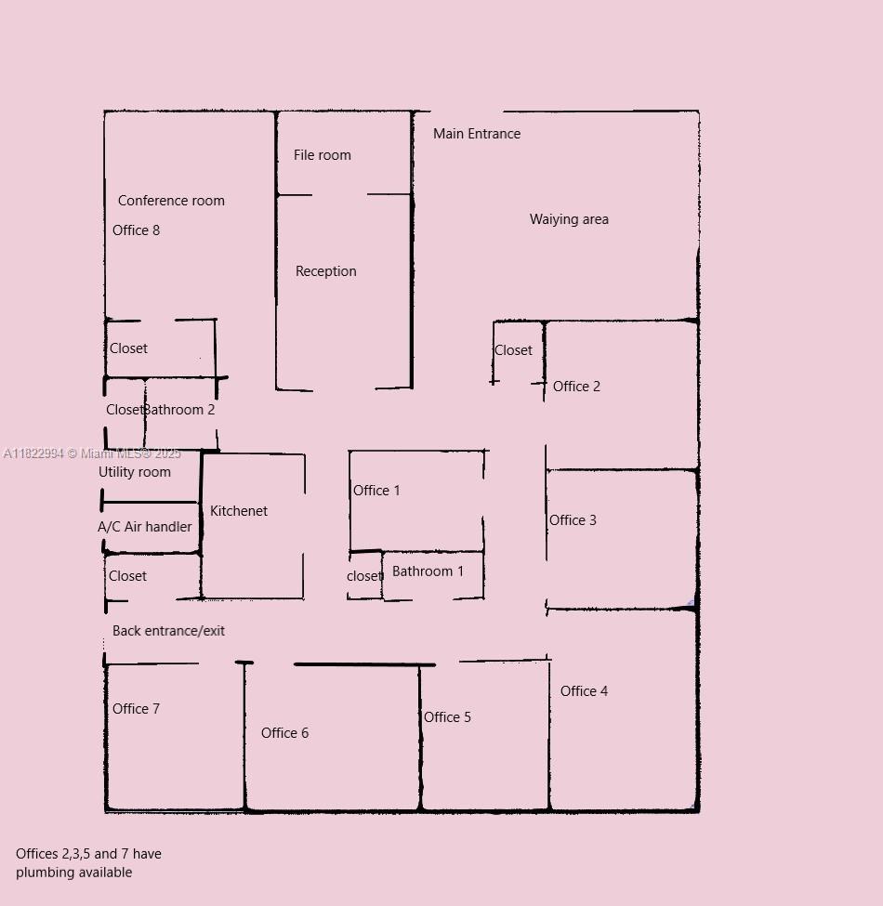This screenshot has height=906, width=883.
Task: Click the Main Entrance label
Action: pos(477,134)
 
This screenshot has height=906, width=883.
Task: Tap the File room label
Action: pos(322,155)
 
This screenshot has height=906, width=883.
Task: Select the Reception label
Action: pos(326,271)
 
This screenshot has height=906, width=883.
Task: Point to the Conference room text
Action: pos(171,201)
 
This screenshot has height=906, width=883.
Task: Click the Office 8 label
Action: pos(136,230)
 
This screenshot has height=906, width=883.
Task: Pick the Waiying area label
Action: pos(569,219)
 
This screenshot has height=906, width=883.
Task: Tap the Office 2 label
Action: pos(576,386)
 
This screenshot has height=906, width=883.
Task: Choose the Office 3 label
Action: pos(573,520)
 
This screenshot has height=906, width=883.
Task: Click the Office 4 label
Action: pos(584,691)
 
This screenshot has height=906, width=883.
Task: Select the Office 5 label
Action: pos(447,717)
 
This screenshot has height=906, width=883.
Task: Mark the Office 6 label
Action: pos(285,732)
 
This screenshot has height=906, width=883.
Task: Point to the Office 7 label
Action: pos(136,708)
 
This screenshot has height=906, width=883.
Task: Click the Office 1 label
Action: pos(376,490)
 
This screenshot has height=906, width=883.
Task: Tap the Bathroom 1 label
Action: pos(428,571)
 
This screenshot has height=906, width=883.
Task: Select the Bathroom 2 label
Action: pos(179,410)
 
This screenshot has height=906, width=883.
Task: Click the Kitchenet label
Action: pos(239,511)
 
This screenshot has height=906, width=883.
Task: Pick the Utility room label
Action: pos(135,472)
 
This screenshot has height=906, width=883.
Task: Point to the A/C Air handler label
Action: pos(144,526)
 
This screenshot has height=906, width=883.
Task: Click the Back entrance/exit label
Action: pos(168,630)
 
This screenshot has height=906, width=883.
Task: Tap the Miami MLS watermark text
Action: pos(92,453)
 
